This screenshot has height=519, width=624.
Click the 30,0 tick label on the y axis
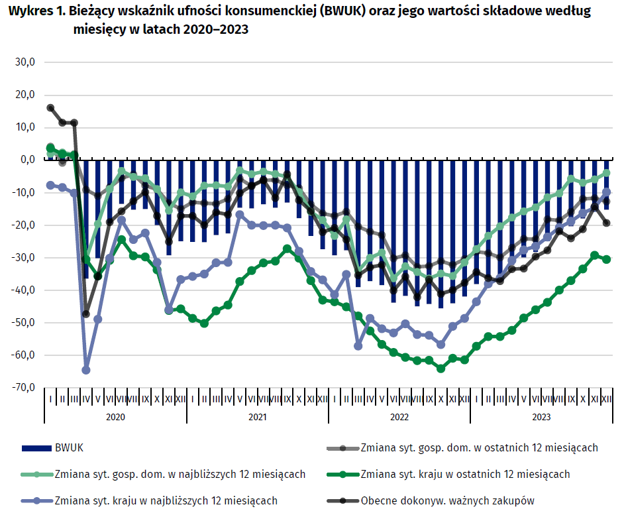(25, 62)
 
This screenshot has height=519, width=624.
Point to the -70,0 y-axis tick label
(24, 387)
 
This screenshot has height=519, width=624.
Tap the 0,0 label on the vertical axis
(27, 160)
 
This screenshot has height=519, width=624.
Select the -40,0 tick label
(24, 290)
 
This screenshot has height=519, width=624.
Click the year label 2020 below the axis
(115, 417)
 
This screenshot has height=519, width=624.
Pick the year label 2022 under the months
(399, 417)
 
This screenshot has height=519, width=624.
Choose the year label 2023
(541, 417)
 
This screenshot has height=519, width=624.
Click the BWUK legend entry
(53, 448)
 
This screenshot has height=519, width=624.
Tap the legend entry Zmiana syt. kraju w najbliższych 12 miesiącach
(149, 500)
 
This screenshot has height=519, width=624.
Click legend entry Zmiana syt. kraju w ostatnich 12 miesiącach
(448, 475)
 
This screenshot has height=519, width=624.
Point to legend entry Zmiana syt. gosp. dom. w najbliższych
(164, 475)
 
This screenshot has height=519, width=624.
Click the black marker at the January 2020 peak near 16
(50, 108)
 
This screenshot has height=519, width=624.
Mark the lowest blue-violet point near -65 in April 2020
(86, 371)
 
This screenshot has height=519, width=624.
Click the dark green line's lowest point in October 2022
(441, 369)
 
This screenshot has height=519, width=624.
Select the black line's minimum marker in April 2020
(86, 314)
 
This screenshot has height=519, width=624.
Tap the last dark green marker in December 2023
(607, 259)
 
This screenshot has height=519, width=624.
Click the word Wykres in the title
(30, 11)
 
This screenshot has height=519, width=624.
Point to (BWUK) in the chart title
(343, 11)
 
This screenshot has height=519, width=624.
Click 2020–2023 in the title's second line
(216, 29)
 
